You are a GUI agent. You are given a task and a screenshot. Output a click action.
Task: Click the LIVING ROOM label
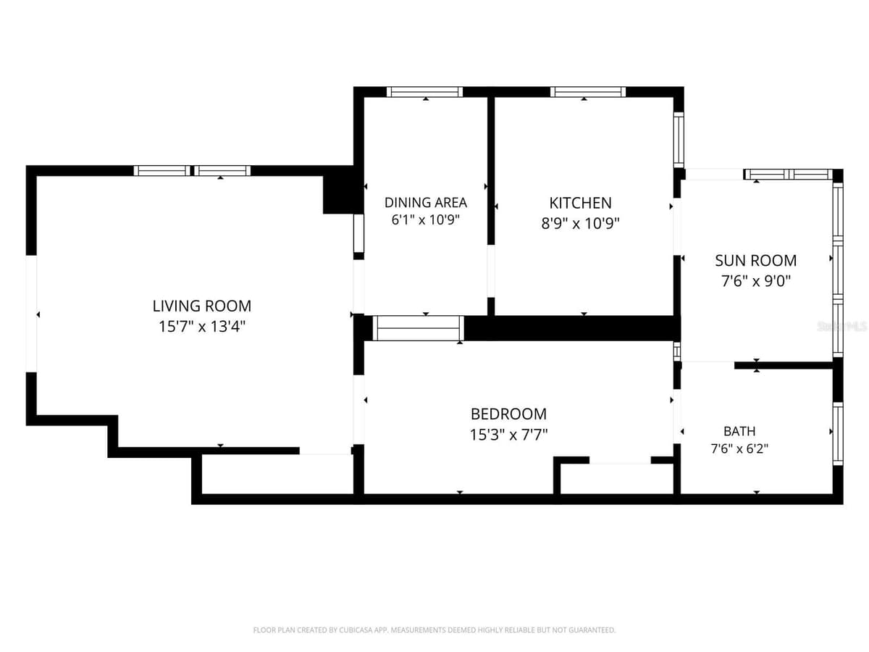(202, 306)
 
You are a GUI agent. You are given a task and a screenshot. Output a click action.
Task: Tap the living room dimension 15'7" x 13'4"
(202, 327)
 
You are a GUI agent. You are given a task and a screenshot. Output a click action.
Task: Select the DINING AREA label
(426, 203)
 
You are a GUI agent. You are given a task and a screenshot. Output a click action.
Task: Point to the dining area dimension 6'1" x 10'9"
(426, 220)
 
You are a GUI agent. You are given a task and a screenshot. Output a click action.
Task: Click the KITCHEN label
(580, 203)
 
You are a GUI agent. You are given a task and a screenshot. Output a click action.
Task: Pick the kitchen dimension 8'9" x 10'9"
(580, 223)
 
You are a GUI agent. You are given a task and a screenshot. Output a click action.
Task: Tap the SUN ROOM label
(756, 261)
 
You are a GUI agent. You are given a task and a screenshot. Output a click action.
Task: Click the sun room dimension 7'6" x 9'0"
(756, 281)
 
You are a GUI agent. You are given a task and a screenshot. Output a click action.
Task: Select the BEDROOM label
(509, 414)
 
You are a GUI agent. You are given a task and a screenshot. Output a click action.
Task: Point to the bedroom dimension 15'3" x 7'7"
(509, 435)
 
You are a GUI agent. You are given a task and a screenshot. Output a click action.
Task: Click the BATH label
(739, 431)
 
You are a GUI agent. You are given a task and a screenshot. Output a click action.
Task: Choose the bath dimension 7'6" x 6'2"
(739, 448)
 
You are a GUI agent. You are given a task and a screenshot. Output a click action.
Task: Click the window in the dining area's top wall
(424, 92)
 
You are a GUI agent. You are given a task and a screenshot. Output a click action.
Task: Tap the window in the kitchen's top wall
(588, 92)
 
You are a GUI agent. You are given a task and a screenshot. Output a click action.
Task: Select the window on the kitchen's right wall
(679, 140)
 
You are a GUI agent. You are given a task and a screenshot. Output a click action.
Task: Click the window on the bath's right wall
(838, 434)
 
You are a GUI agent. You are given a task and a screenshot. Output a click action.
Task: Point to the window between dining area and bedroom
(419, 328)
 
